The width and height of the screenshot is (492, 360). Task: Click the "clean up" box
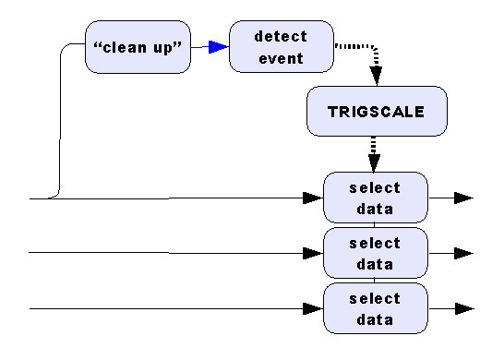coord(138,47)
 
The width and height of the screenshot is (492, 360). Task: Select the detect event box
coord(281,47)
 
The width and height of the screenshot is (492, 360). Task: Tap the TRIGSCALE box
coord(376,112)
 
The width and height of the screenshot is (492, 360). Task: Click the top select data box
coord(376,198)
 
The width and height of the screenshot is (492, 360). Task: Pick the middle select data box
coord(376,253)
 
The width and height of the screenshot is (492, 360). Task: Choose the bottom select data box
coord(376,308)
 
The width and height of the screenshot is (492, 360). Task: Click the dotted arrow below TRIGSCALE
coord(373,153)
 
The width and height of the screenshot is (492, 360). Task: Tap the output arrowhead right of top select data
coord(464,198)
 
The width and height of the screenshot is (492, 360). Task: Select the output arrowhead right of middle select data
coord(464,253)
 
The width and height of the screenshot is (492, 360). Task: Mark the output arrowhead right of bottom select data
coord(464,308)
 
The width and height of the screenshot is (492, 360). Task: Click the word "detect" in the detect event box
coord(281,36)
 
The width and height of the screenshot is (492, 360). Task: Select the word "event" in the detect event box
coord(281,57)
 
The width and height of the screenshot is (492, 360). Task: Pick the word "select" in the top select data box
coord(376,188)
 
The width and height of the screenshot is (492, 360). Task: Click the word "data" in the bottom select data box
coord(376,319)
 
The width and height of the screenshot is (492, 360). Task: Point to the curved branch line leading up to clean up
coord(61,120)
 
